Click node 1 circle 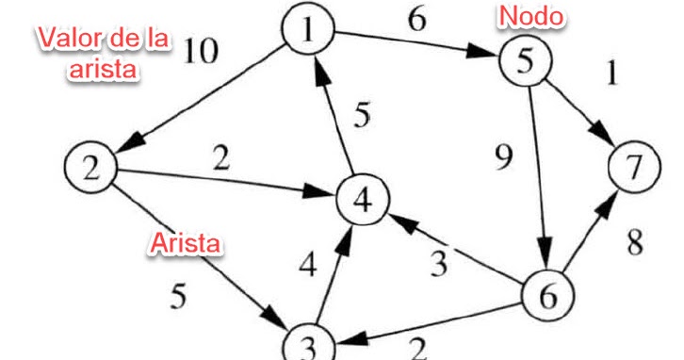[x=309, y=33]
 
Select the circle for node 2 [x=90, y=169]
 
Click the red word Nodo [x=531, y=16]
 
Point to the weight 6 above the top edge [x=415, y=20]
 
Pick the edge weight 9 [x=505, y=156]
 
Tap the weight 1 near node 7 [x=612, y=74]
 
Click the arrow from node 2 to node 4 [x=226, y=184]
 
